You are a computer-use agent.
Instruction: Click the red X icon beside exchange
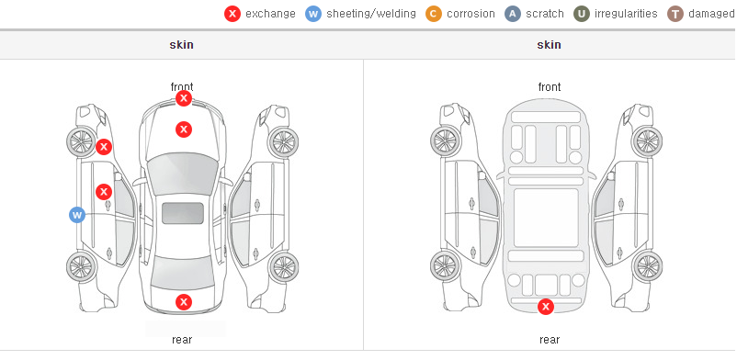[232, 14]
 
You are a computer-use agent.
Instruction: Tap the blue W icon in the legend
[313, 14]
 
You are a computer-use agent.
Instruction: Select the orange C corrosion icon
[434, 14]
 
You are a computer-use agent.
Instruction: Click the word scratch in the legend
[545, 14]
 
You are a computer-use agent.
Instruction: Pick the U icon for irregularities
[582, 14]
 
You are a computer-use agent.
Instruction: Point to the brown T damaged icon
[675, 14]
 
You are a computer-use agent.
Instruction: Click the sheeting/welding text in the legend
[371, 14]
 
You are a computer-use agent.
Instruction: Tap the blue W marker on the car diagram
[77, 215]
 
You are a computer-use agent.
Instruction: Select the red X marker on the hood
[184, 129]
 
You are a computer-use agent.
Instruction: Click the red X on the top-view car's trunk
[184, 302]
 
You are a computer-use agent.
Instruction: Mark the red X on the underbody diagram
[546, 307]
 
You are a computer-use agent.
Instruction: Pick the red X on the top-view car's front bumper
[184, 98]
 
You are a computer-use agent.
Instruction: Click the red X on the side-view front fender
[104, 147]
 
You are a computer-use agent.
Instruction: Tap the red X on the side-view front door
[104, 192]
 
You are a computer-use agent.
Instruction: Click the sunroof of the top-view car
[183, 213]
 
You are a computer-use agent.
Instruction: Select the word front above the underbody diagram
[550, 87]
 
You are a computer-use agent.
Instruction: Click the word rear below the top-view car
[182, 340]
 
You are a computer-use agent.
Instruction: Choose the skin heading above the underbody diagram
[549, 45]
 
